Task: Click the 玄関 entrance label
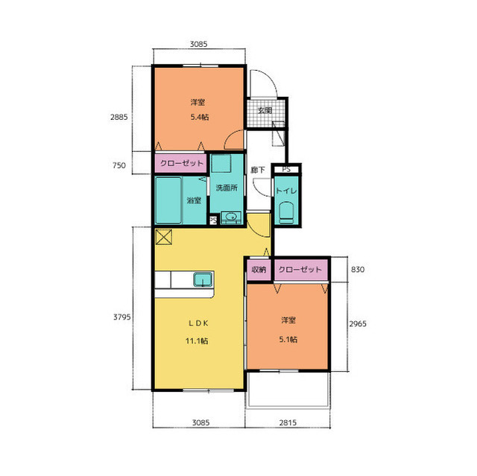[265, 111]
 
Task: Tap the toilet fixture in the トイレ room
[286, 213]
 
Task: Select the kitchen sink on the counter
[203, 279]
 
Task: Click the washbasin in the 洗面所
[231, 217]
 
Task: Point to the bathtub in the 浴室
[168, 200]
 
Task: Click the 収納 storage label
[259, 270]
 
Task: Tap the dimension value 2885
[119, 117]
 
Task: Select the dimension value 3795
[122, 317]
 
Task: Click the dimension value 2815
[288, 422]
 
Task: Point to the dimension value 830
[358, 270]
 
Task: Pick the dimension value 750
[119, 165]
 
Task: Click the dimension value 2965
[358, 324]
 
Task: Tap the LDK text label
[198, 323]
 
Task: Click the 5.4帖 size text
[200, 117]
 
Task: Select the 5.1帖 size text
[288, 340]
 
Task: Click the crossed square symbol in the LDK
[164, 237]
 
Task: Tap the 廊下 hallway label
[258, 170]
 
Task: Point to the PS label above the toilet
[286, 169]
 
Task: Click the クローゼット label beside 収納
[300, 270]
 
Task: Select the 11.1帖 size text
[197, 341]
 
